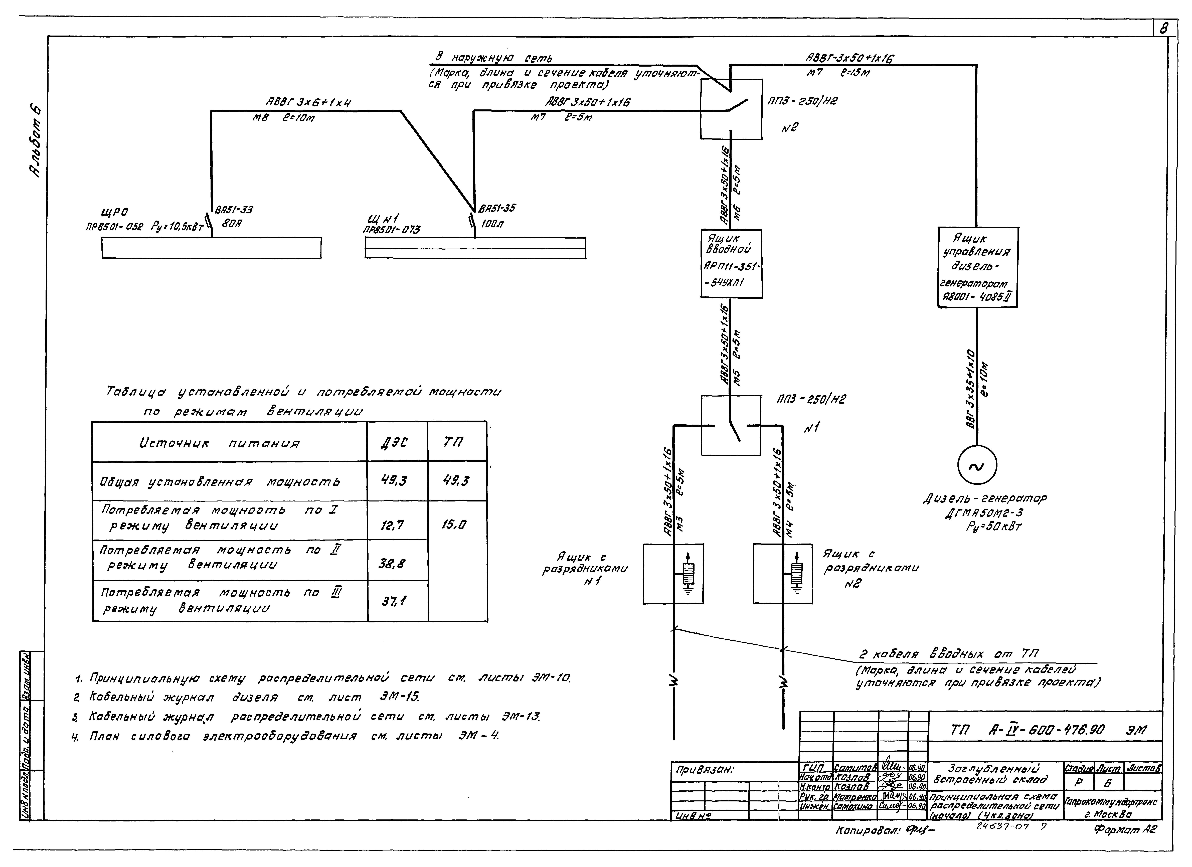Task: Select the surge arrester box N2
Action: click(x=783, y=574)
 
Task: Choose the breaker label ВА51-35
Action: click(x=497, y=208)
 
